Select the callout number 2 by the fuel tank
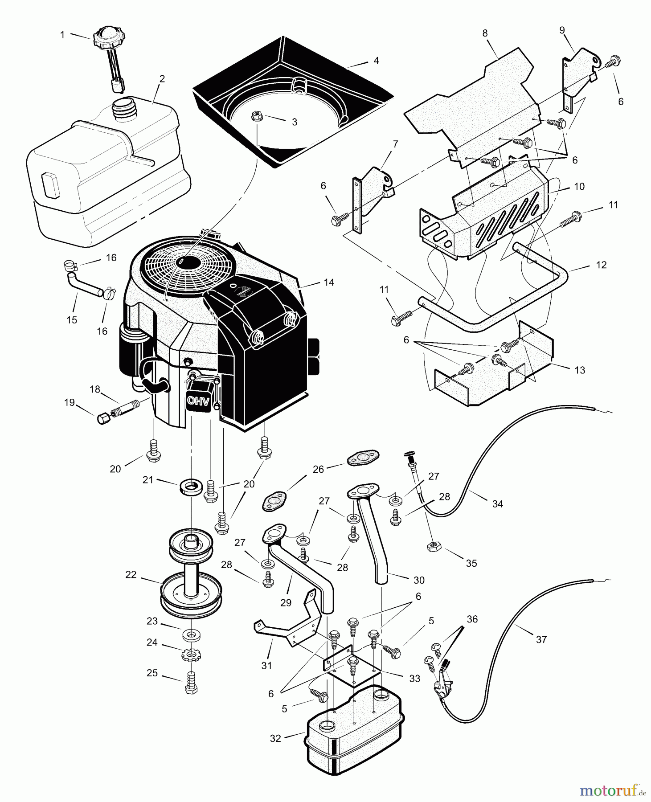tap(162, 79)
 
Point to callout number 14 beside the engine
tap(329, 282)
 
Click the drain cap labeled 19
tap(102, 419)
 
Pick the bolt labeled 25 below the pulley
tap(191, 684)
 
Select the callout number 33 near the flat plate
tap(414, 679)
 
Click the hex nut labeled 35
tap(432, 547)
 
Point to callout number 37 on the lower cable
tap(541, 639)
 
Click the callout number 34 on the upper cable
tap(497, 504)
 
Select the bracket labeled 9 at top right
tap(575, 71)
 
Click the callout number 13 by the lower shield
tap(580, 370)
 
